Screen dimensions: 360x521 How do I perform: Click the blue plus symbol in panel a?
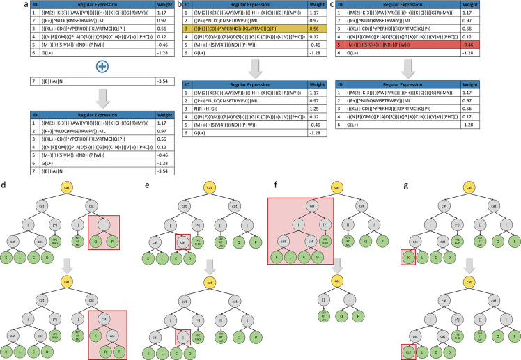86,67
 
